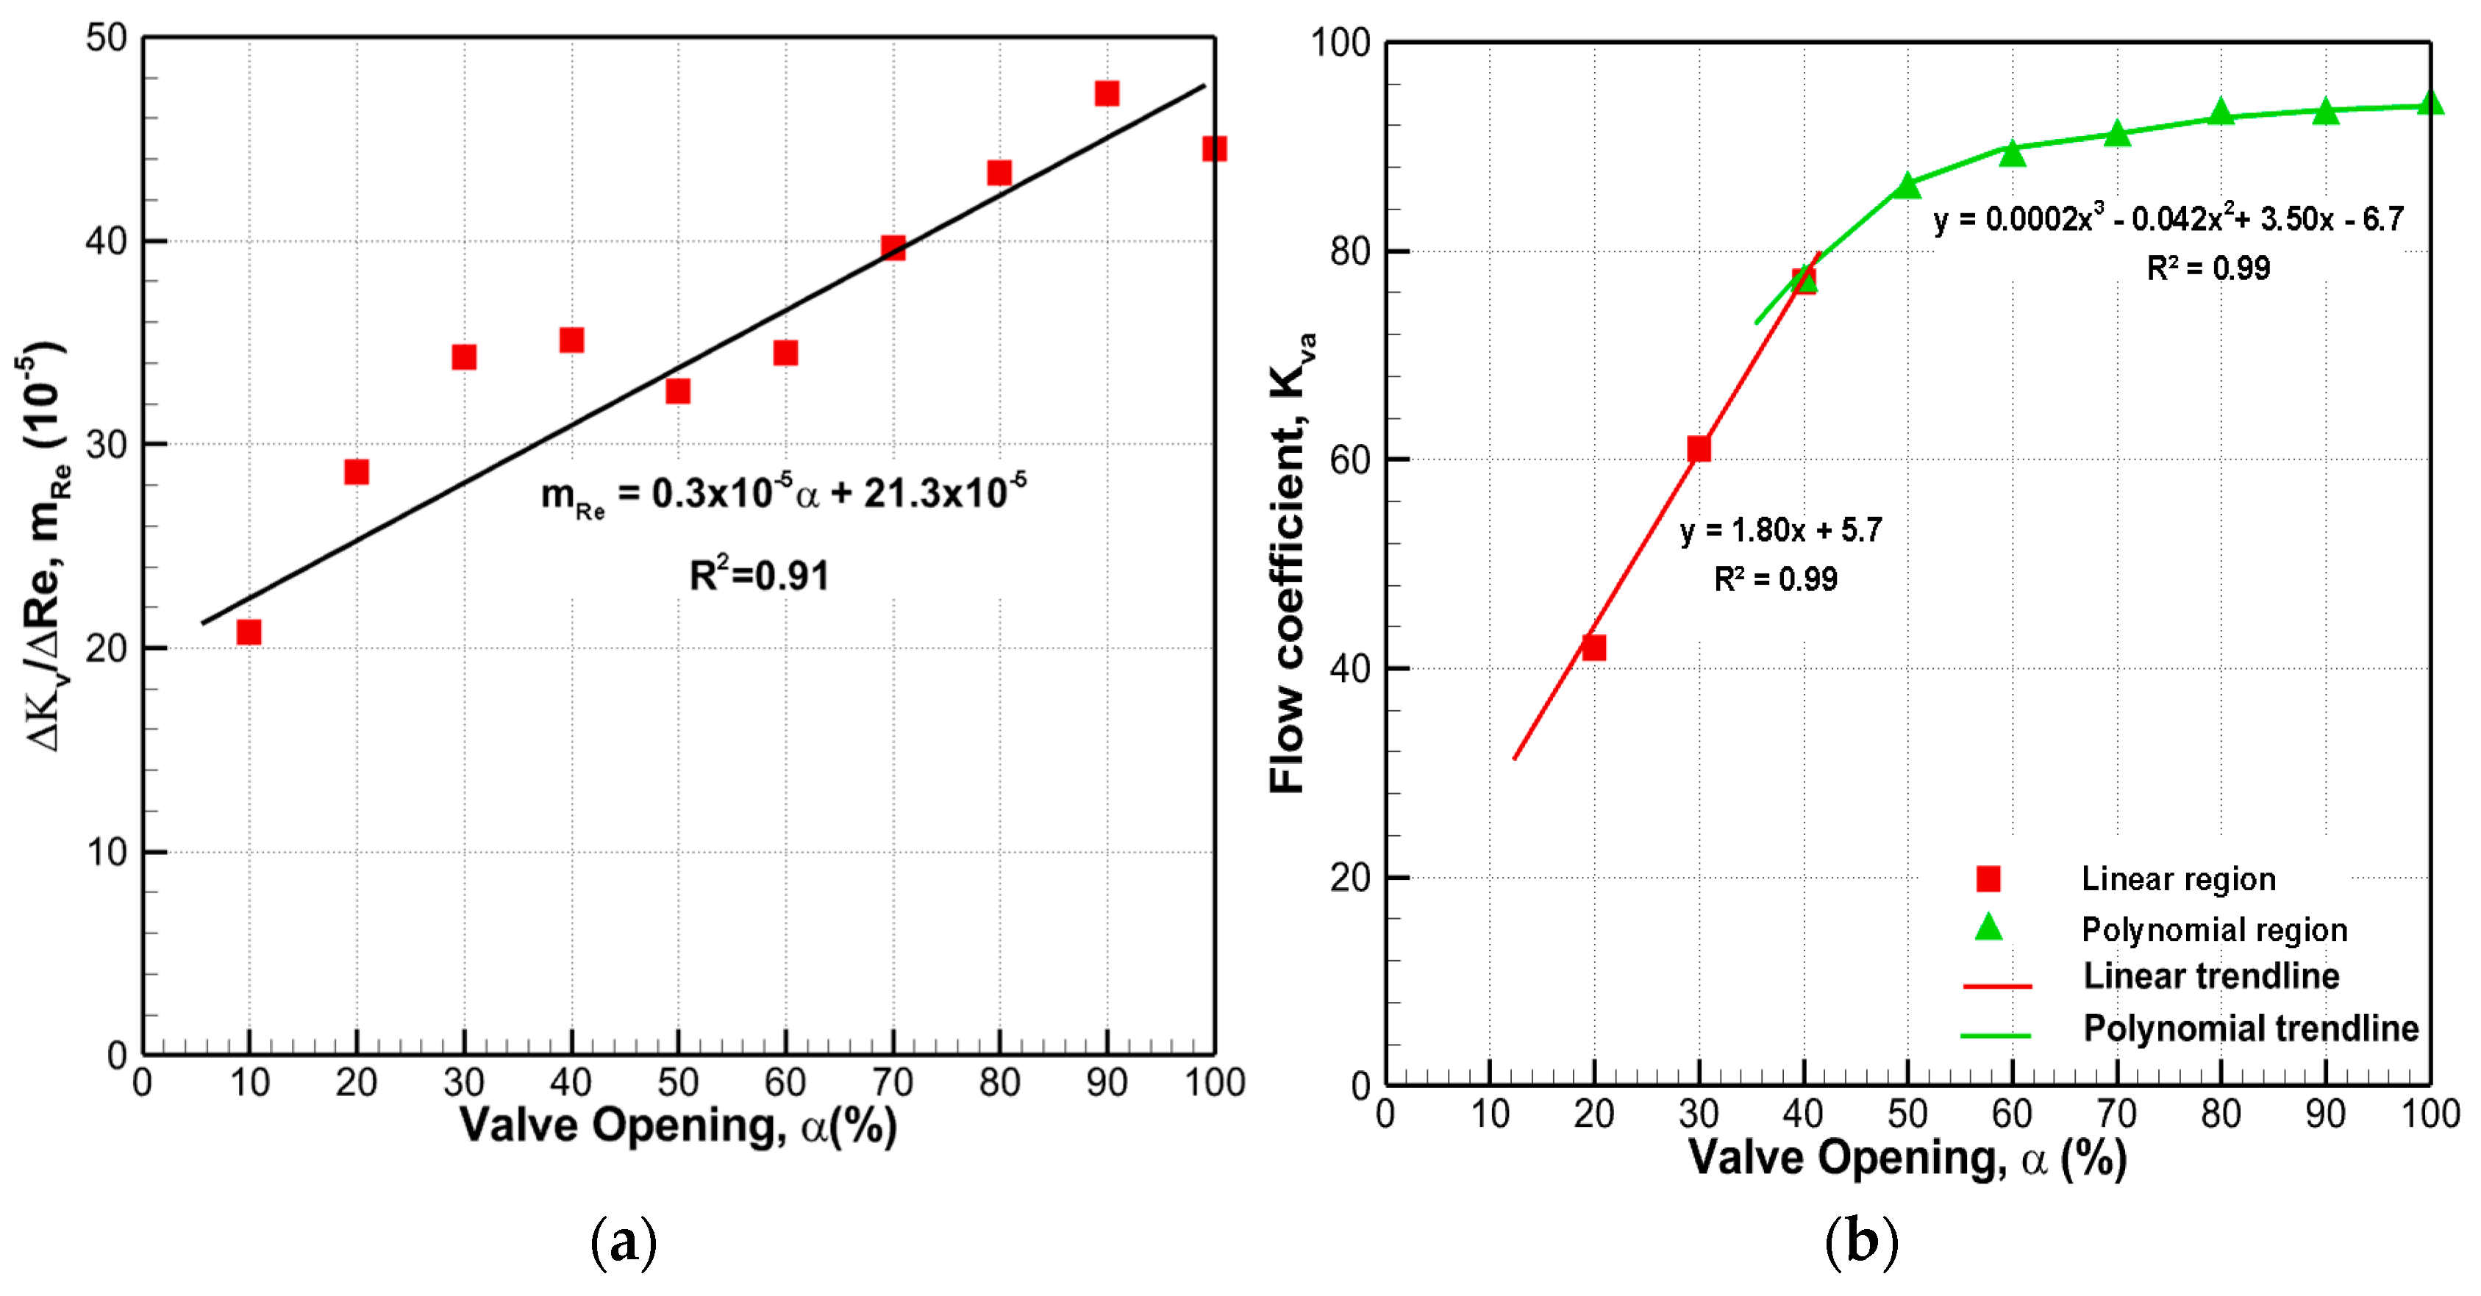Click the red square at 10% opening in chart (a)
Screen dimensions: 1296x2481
pos(249,631)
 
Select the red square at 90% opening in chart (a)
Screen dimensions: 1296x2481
pos(1107,93)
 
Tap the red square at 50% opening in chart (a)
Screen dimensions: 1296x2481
pos(678,391)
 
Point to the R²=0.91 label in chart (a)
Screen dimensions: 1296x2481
pos(759,576)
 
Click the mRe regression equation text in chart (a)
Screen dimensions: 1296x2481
pos(783,494)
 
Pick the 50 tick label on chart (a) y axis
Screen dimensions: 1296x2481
pos(106,38)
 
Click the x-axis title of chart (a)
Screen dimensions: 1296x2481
pos(678,1125)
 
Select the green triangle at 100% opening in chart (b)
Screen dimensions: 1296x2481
pos(2430,103)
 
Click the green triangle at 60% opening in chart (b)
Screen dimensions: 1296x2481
pos(2012,153)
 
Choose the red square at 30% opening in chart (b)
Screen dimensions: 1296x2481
pos(1699,448)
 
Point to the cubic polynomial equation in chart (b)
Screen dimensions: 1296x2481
pos(2168,220)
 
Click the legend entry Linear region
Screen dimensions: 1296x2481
pos(2179,878)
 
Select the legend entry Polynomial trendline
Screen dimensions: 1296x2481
pos(2250,1028)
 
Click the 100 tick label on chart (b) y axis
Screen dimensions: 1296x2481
pos(1340,43)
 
